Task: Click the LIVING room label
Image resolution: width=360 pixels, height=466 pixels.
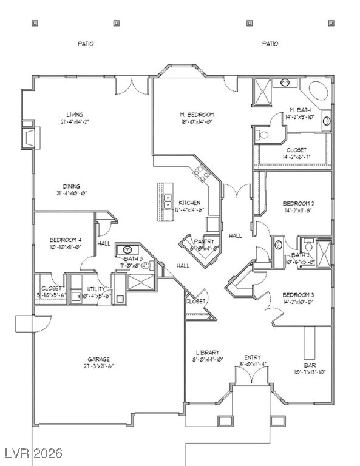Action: (75, 114)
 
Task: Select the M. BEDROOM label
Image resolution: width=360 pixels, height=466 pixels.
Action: (197, 115)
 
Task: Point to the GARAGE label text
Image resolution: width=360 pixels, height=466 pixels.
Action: (98, 359)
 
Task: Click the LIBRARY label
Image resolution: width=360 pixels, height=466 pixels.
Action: (207, 353)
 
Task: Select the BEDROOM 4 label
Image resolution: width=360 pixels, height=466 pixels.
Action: (65, 240)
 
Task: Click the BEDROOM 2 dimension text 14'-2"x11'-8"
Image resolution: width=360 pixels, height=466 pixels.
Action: (298, 211)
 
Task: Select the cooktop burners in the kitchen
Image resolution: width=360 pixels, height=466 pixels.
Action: (202, 174)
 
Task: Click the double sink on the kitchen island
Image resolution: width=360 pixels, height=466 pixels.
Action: (166, 201)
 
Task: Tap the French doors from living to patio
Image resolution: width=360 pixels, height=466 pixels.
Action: (131, 86)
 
